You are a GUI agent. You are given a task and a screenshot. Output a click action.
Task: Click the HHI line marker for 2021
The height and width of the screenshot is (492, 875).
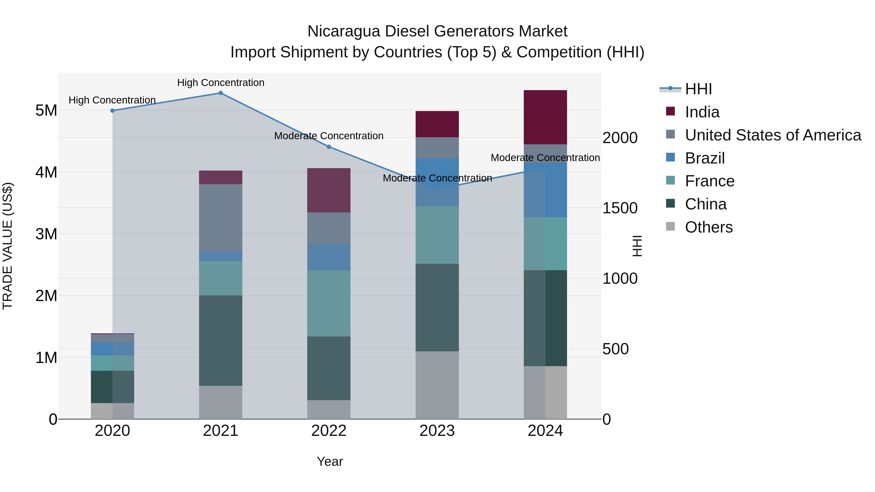[x=220, y=93]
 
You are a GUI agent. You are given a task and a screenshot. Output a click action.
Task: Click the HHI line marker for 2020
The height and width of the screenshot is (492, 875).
[x=113, y=111]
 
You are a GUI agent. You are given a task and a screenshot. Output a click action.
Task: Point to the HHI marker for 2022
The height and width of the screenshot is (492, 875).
[x=329, y=147]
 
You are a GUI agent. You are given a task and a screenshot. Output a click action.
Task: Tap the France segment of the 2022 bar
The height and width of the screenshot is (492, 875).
[x=329, y=303]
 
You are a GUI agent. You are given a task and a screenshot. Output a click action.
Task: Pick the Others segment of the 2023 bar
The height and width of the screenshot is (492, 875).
[x=437, y=385]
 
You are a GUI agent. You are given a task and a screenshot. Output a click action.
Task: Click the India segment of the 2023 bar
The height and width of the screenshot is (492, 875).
[x=437, y=124]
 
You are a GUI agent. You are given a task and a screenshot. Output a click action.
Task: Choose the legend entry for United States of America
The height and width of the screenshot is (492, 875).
[x=773, y=135]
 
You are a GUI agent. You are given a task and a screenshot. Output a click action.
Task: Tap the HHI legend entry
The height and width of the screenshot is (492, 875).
[x=698, y=89]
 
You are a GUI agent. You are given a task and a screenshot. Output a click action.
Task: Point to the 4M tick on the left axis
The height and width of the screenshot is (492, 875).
[x=46, y=172]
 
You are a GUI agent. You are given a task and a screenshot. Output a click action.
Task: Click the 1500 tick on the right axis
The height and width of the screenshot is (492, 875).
[x=620, y=208]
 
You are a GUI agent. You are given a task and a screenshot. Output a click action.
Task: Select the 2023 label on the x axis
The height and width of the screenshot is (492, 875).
[x=437, y=431]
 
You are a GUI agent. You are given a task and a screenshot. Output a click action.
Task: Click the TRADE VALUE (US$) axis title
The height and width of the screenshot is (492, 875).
[x=8, y=246]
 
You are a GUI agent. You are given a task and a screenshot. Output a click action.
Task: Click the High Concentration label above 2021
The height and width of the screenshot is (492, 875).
[x=221, y=83]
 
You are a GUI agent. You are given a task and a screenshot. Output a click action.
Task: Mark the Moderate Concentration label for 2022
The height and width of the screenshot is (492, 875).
[x=329, y=136]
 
